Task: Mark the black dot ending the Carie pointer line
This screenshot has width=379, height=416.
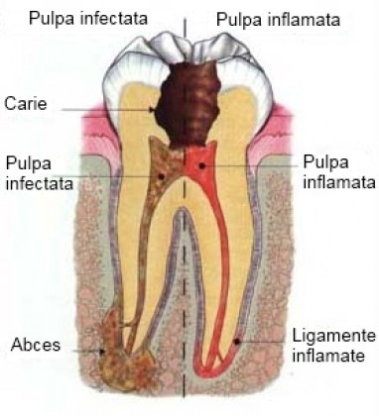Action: (153, 109)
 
